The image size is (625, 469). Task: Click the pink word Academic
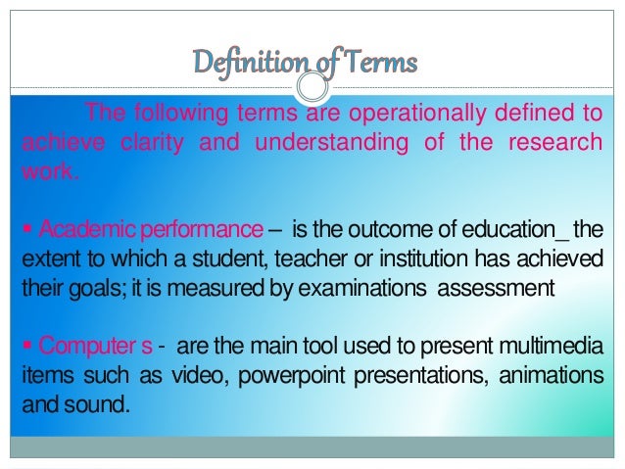[x=73, y=231]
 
